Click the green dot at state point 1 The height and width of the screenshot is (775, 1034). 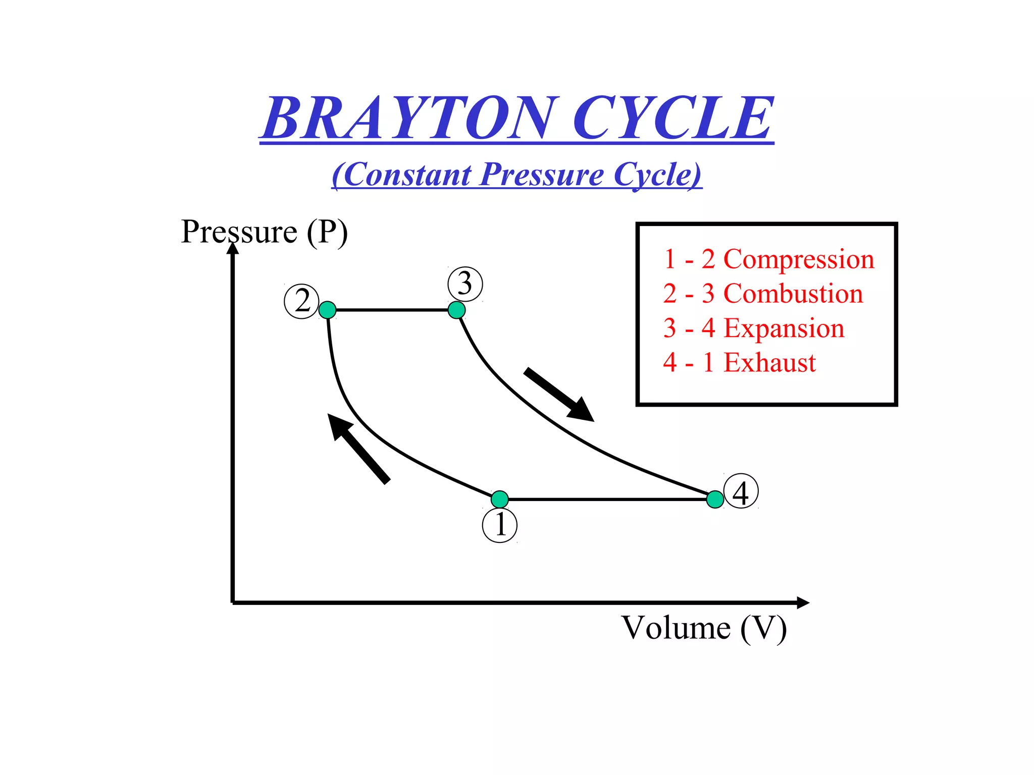coord(500,499)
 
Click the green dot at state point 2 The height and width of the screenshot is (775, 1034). coord(328,310)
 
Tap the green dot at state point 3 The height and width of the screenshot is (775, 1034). coord(456,310)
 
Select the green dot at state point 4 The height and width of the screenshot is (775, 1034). coord(715,499)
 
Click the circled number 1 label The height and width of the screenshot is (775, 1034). coord(500,525)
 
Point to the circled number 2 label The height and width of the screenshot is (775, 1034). coord(302,302)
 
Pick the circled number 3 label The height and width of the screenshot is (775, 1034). coord(465,284)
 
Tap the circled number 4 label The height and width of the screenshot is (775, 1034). coord(741,491)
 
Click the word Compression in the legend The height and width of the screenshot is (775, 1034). coord(799,259)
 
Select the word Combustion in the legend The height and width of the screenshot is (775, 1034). coord(793,294)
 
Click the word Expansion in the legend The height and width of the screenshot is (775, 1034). coord(784,328)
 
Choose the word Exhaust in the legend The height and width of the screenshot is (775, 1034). coord(770,362)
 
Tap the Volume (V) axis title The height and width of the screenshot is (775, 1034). coord(704,628)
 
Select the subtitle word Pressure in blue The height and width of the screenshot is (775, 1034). coord(542,175)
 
